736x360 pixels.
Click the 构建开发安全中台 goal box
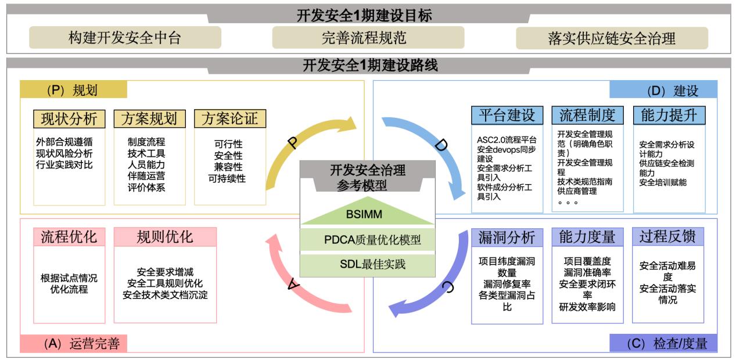pyautogui.click(x=125, y=38)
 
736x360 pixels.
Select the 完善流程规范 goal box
pyautogui.click(x=364, y=38)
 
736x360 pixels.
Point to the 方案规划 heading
pyautogui.click(x=150, y=118)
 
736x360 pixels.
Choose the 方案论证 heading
pyautogui.click(x=230, y=118)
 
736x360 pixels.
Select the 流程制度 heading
pyautogui.click(x=587, y=115)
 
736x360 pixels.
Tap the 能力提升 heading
pyautogui.click(x=669, y=115)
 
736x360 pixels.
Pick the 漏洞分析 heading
pyautogui.click(x=507, y=237)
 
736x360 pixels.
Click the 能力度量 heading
pyautogui.click(x=587, y=237)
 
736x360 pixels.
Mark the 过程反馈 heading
pyautogui.click(x=667, y=237)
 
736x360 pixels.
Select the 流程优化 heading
pyautogui.click(x=69, y=237)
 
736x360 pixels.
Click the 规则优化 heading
pyautogui.click(x=165, y=237)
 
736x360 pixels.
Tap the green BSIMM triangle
pyautogui.click(x=367, y=214)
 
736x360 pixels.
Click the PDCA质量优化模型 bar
pyautogui.click(x=367, y=239)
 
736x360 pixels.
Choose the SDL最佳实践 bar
pyautogui.click(x=367, y=264)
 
